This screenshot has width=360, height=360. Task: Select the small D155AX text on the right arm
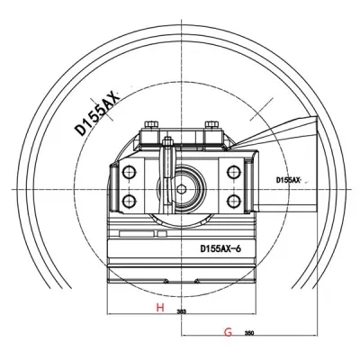pos(290,181)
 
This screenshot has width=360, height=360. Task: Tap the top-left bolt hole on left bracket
pos(129,171)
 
